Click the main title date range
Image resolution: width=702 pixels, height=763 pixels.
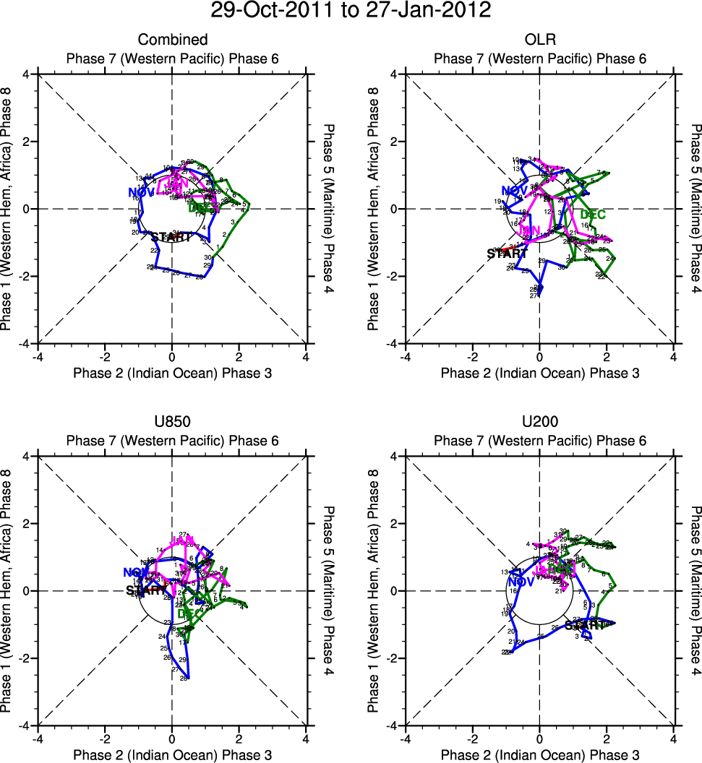(x=351, y=11)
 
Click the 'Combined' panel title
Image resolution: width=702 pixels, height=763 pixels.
(x=173, y=40)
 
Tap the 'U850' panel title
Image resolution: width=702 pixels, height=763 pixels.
(x=173, y=422)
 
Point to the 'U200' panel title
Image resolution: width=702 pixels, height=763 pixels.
(x=539, y=422)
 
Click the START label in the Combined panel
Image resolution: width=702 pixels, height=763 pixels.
(x=171, y=236)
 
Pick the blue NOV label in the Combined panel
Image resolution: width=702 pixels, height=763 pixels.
(x=142, y=192)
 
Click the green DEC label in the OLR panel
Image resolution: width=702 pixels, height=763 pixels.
(x=592, y=215)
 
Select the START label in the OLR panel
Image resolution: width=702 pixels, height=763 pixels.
(x=507, y=254)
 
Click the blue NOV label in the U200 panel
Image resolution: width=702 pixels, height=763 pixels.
(x=521, y=582)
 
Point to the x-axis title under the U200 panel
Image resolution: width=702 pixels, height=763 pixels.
(x=539, y=755)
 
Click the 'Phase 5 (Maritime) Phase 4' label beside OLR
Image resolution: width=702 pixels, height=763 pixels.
(x=695, y=208)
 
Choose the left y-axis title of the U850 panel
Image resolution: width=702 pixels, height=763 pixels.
(x=9, y=590)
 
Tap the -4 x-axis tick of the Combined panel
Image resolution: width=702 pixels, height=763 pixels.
(x=38, y=357)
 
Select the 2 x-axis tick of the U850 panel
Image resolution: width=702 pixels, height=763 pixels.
(x=239, y=739)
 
